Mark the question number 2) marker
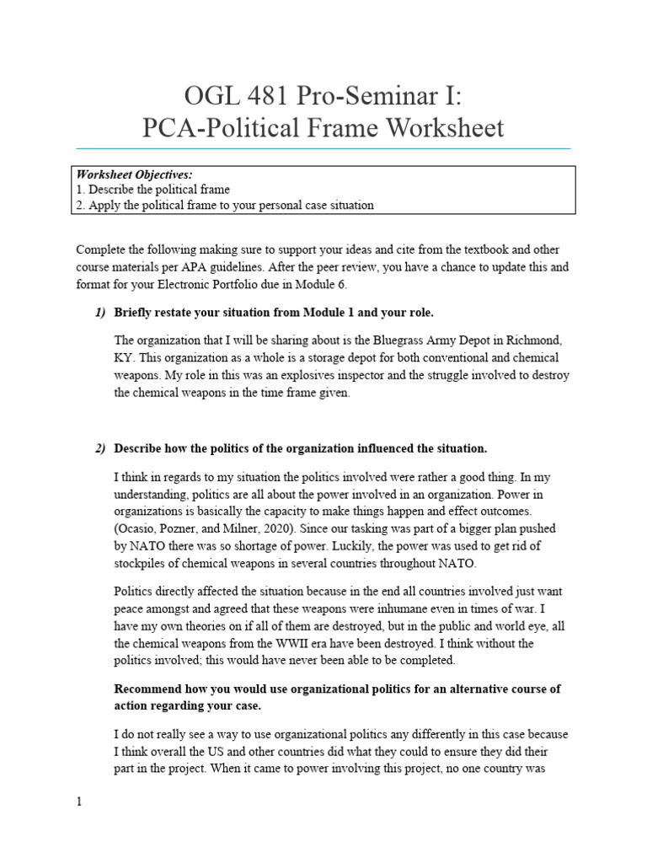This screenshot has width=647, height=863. click(x=100, y=448)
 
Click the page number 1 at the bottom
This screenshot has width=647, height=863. click(x=79, y=802)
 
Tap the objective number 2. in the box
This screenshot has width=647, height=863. click(x=81, y=205)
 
